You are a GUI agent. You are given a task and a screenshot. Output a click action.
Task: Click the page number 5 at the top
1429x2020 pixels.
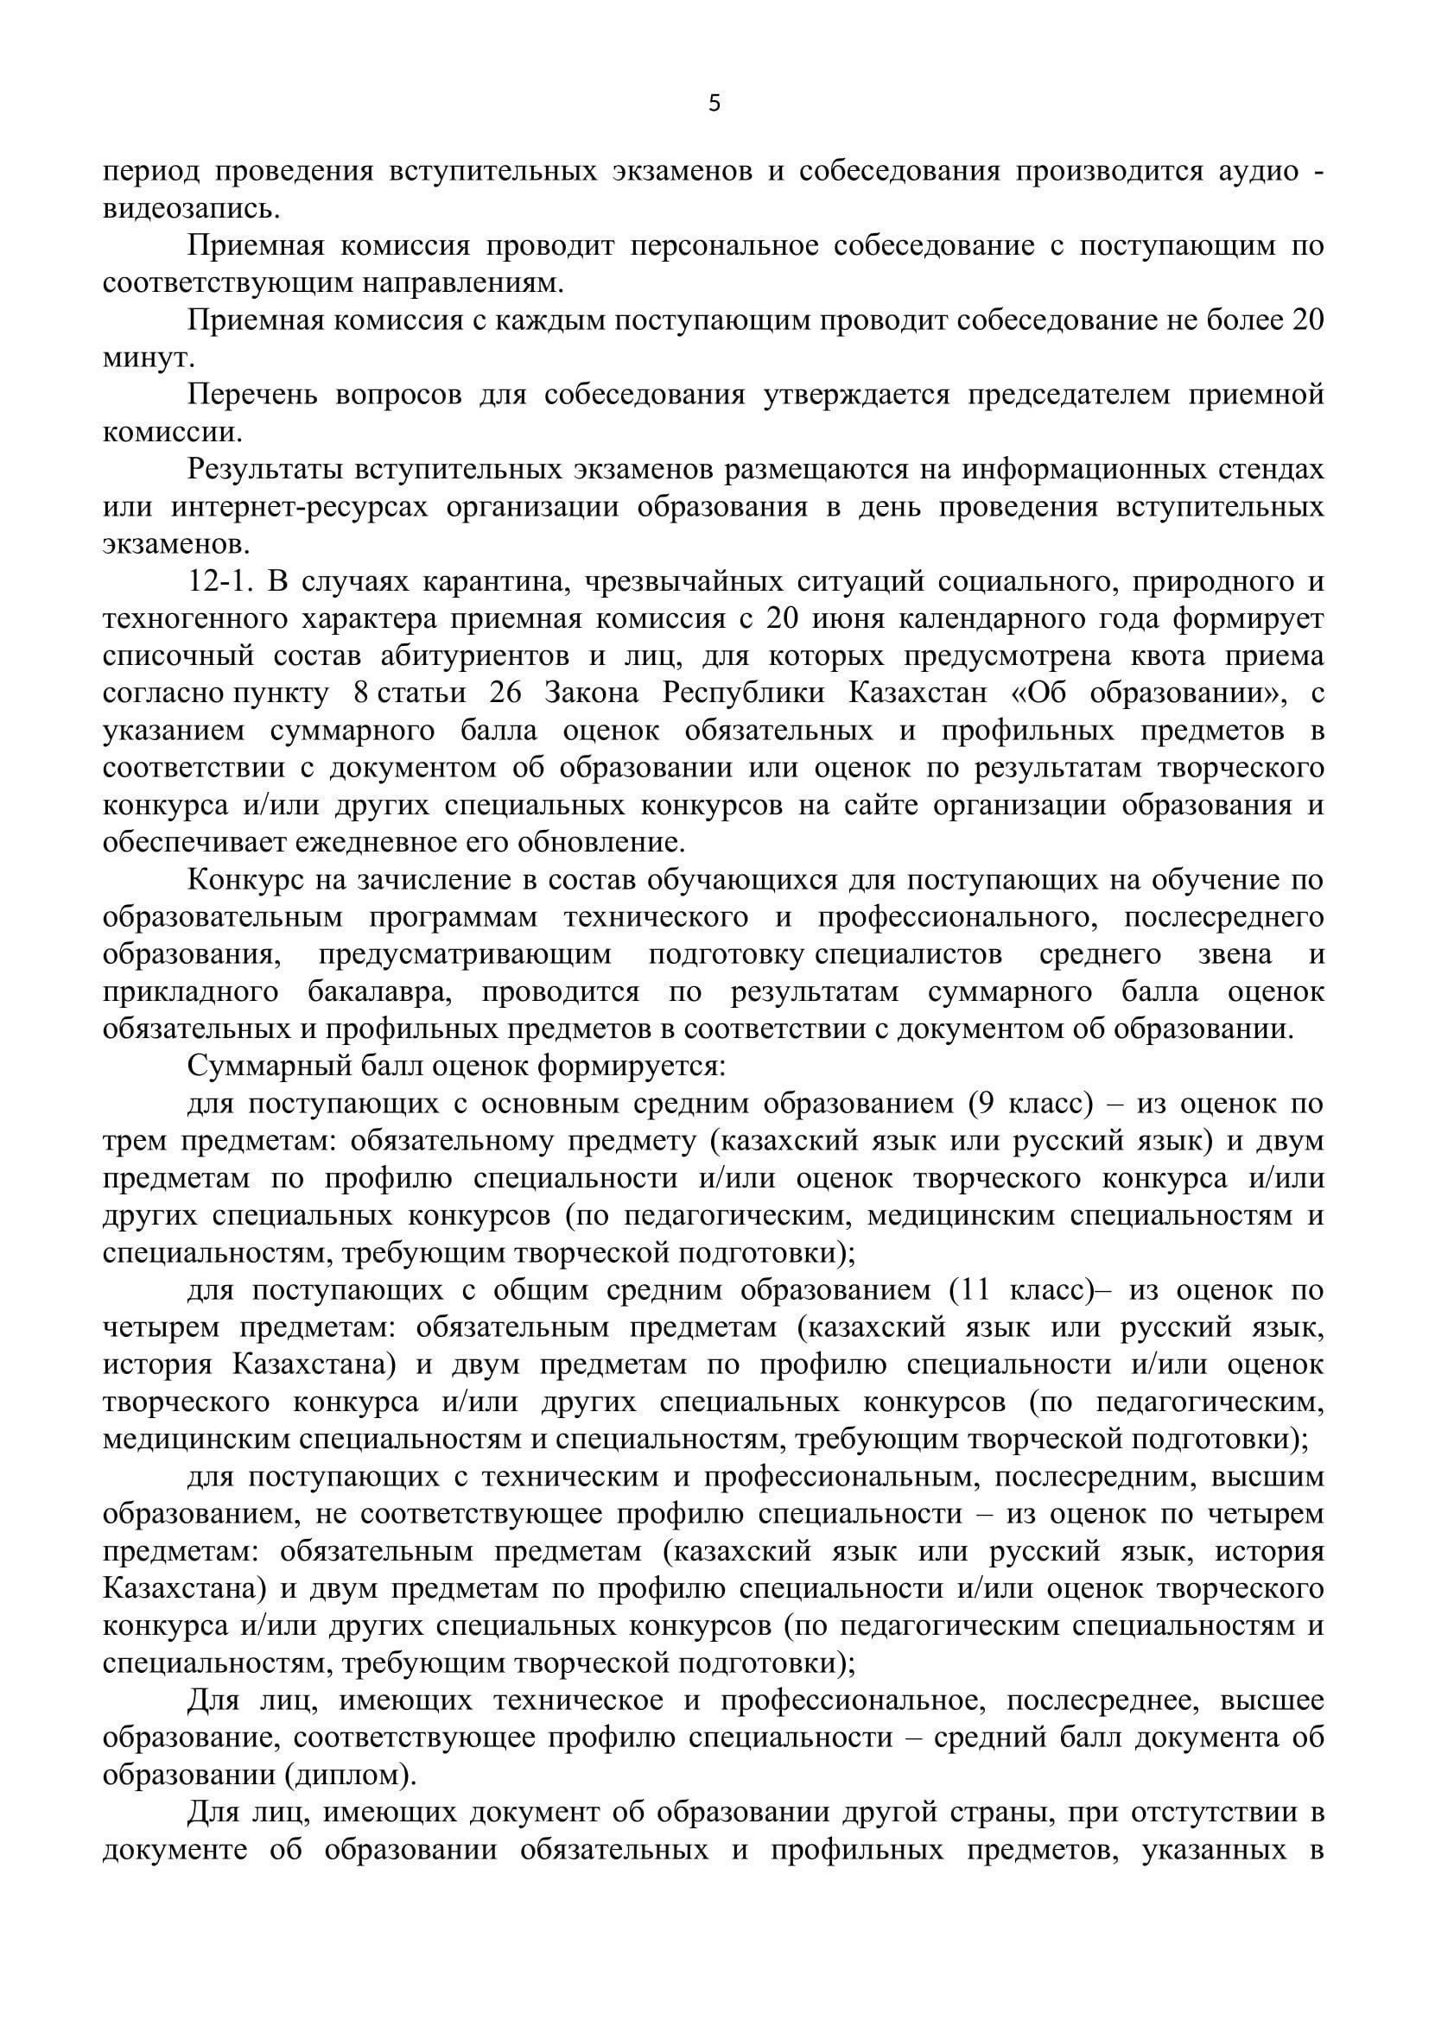(x=714, y=104)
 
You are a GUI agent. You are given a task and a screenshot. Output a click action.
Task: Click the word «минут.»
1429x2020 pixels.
(x=149, y=359)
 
